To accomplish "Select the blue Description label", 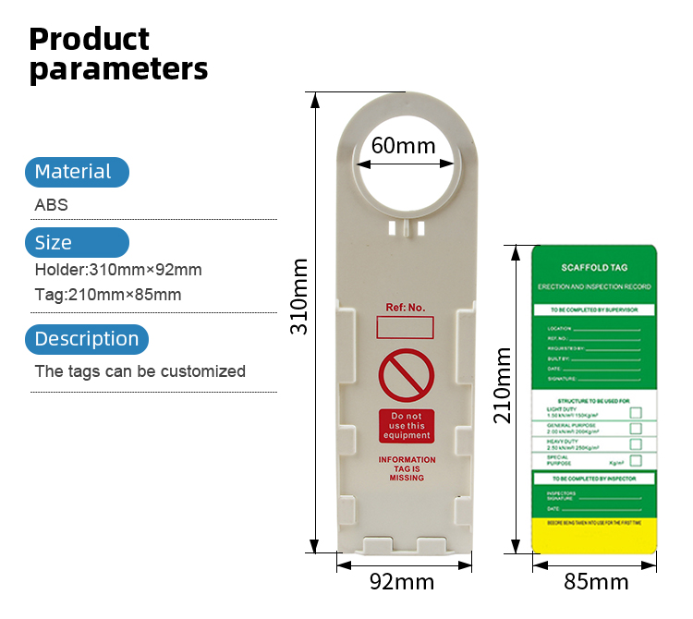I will [x=87, y=339].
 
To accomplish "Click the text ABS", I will [x=52, y=205].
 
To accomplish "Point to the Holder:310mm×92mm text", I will [x=118, y=270].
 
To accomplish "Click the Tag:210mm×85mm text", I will [x=108, y=295].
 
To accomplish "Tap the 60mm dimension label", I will [x=403, y=146].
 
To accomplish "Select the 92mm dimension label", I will [x=402, y=582].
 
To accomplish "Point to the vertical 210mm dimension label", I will [x=503, y=383].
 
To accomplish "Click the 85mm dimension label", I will [x=596, y=582].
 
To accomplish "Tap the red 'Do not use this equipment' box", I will [x=406, y=426].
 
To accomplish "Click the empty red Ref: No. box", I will [x=406, y=329].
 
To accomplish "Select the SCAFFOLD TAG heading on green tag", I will [x=594, y=268].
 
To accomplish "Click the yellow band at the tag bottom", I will [x=594, y=535].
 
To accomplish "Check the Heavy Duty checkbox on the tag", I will [x=636, y=444].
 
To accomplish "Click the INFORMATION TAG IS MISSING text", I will [x=407, y=468].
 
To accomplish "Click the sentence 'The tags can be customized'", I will [x=140, y=371].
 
